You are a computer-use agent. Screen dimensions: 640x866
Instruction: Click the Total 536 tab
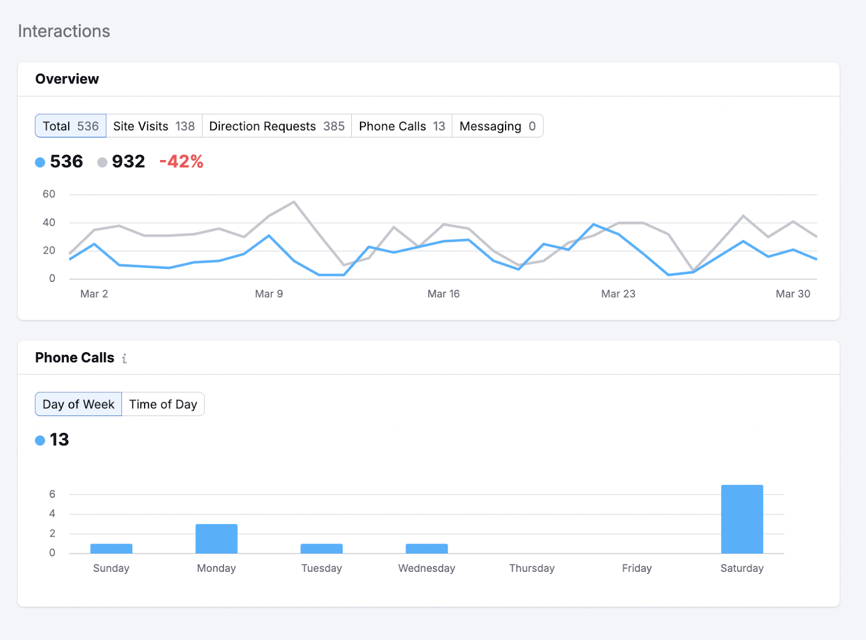pyautogui.click(x=70, y=126)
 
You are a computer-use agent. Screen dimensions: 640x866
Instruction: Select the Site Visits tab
pyautogui.click(x=154, y=126)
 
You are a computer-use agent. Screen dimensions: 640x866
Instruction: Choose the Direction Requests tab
pyautogui.click(x=277, y=126)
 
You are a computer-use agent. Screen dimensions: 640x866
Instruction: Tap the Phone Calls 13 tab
pyautogui.click(x=402, y=126)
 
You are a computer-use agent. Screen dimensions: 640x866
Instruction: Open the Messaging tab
pyautogui.click(x=497, y=126)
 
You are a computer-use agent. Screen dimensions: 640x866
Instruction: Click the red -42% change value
pyautogui.click(x=181, y=161)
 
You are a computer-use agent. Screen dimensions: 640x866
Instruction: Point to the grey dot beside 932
pyautogui.click(x=102, y=162)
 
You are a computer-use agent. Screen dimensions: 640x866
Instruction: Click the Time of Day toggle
pyautogui.click(x=163, y=404)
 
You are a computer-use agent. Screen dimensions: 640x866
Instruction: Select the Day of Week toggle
pyautogui.click(x=78, y=404)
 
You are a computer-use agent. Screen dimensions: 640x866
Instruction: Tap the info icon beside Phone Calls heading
pyautogui.click(x=124, y=358)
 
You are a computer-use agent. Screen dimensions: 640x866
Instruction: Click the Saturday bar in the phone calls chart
pyautogui.click(x=742, y=519)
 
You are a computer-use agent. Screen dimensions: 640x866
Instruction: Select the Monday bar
pyautogui.click(x=216, y=538)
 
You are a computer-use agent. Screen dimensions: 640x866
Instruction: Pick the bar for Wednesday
pyautogui.click(x=427, y=548)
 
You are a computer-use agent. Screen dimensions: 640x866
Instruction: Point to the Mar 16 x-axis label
pyautogui.click(x=443, y=294)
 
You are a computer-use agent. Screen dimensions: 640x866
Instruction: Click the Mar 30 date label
pyautogui.click(x=792, y=294)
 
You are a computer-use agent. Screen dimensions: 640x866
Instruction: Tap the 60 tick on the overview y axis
pyautogui.click(x=49, y=194)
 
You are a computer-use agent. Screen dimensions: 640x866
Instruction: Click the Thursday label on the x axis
pyautogui.click(x=532, y=568)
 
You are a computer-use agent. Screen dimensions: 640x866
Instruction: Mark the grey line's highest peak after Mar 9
pyautogui.click(x=294, y=202)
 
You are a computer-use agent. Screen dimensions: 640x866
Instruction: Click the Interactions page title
pyautogui.click(x=64, y=31)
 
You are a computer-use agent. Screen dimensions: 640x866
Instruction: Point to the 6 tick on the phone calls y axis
pyautogui.click(x=52, y=494)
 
